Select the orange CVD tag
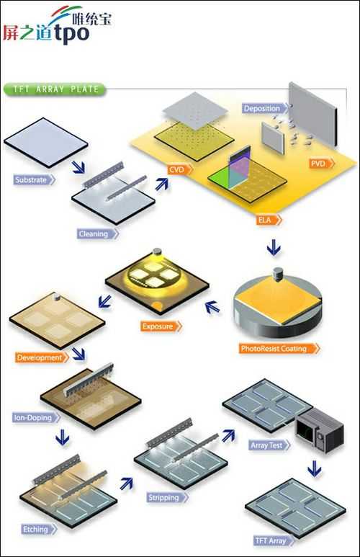[x=180, y=169]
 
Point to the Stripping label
[x=168, y=497]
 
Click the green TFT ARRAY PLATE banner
[x=55, y=89]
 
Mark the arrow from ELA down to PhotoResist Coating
[x=274, y=247]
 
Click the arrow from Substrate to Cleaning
[x=78, y=167]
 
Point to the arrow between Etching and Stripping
[x=127, y=484]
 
